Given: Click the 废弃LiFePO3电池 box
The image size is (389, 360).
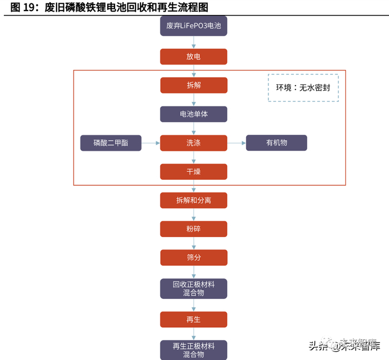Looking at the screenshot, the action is click(193, 26).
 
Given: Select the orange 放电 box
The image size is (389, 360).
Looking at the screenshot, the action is click(193, 57).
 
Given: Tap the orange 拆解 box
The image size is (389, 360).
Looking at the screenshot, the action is click(194, 85).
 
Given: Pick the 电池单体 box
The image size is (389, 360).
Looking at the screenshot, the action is click(193, 114).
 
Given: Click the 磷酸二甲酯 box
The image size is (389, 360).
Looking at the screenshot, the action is click(111, 143).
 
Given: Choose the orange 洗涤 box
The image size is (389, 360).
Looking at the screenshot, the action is click(193, 143).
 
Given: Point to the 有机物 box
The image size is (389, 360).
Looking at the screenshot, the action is click(276, 142).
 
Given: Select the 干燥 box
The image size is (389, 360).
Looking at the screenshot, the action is click(193, 171).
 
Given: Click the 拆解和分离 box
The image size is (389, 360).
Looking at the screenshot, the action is click(193, 200).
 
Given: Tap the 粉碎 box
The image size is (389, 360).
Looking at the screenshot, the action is click(193, 229).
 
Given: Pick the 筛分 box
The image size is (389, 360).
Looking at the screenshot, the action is click(194, 258).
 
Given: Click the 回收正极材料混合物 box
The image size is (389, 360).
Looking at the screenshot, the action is click(193, 288).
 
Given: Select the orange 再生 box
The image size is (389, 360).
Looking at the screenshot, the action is click(193, 319).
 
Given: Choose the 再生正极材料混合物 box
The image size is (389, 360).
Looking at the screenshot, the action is click(193, 350).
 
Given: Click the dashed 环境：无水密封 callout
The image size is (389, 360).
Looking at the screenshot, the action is click(303, 88).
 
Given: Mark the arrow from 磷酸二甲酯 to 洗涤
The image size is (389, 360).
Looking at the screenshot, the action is click(151, 143).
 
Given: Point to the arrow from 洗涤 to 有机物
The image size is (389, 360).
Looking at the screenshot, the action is click(236, 143).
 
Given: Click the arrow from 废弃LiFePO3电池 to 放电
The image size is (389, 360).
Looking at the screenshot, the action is click(194, 42).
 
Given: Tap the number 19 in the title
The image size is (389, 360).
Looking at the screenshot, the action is click(29, 7).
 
